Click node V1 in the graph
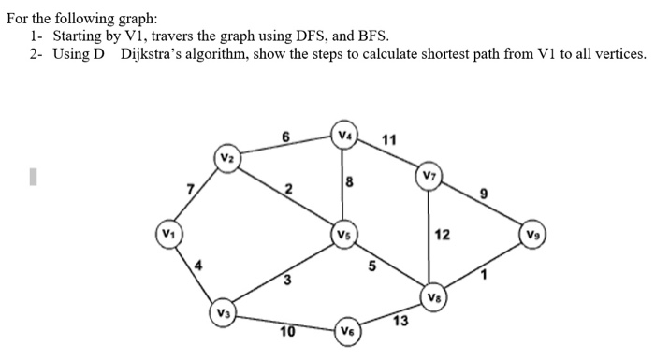coord(167,231)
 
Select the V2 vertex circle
coord(226,157)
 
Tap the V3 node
coord(221,311)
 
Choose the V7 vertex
coord(428,176)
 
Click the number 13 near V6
coord(400,322)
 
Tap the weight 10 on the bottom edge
coord(287,331)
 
